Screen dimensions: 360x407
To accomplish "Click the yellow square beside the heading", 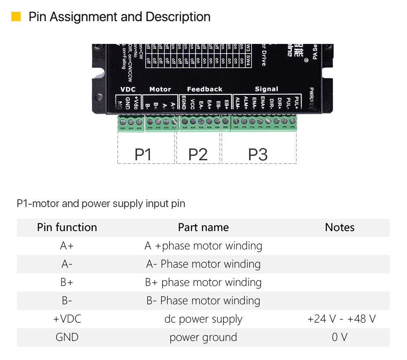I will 16,17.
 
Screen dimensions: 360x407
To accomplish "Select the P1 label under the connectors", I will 143,155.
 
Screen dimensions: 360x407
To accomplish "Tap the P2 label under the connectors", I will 198,155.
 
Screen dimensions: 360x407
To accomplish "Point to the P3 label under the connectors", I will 258,155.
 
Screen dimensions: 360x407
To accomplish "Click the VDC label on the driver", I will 128,89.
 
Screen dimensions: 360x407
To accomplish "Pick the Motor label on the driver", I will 160,89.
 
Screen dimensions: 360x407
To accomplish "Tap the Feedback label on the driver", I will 204,89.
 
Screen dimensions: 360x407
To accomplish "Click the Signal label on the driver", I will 266,89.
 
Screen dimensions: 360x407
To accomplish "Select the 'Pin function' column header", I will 67,227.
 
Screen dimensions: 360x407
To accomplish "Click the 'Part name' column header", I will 203,227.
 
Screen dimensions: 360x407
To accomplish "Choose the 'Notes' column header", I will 339,227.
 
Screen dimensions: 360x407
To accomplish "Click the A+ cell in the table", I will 67,246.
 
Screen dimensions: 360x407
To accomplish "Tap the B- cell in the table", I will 67,301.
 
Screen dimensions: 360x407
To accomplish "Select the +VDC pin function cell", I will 67,319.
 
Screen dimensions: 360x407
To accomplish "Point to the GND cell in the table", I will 67,337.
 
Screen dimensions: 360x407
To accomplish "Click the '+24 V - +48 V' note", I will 341,319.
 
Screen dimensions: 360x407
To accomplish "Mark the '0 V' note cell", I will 339,337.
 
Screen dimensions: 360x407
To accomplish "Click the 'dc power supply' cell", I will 203,319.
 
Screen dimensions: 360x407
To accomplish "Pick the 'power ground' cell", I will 203,337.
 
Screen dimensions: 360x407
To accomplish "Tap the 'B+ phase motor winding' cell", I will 203,282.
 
